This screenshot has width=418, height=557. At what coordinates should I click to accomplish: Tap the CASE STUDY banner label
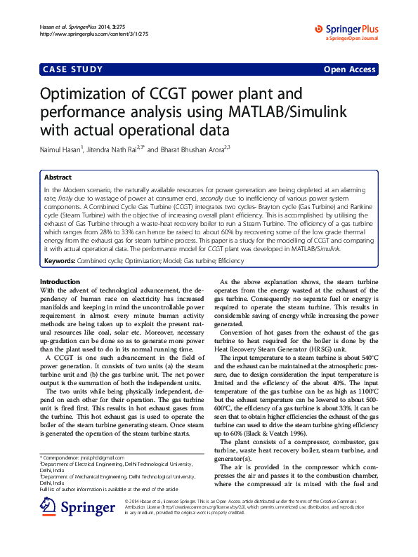pos(73,69)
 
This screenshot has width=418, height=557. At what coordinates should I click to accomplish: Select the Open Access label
pos(349,69)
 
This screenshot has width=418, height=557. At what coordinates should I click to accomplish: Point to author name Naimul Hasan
pos(61,150)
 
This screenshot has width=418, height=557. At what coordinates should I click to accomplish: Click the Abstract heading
pos(58,178)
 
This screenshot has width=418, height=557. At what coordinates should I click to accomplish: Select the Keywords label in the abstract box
pos(60,261)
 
